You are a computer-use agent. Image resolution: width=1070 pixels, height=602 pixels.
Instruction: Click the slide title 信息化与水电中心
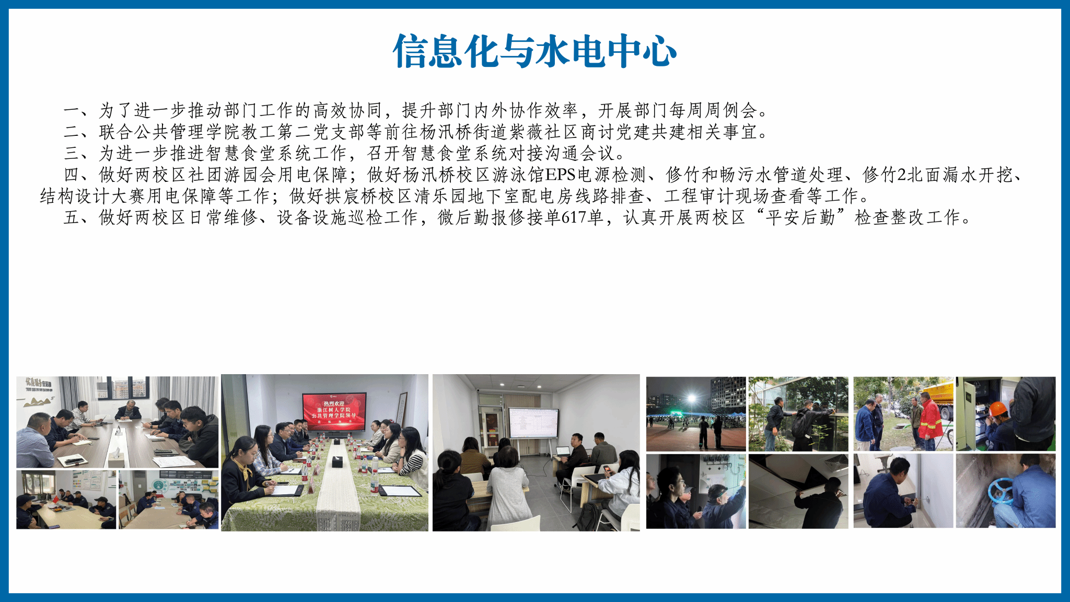point(534,51)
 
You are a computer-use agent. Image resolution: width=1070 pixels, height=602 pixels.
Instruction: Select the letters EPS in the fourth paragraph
point(560,175)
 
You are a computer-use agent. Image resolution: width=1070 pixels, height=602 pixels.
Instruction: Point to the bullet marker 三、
point(80,153)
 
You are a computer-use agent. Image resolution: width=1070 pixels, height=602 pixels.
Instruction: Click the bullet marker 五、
point(80,217)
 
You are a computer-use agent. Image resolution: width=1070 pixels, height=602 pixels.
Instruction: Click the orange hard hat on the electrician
point(998,408)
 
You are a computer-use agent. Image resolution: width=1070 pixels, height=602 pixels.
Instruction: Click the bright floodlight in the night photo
point(692,399)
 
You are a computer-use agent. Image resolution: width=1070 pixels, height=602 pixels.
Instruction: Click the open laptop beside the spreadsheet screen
point(563,451)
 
